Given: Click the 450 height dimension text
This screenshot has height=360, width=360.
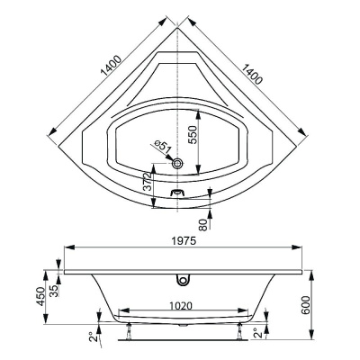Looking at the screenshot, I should (x=40, y=296).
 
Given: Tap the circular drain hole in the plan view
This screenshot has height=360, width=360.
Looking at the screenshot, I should (x=177, y=164).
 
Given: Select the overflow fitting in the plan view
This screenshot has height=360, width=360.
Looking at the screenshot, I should (x=177, y=193).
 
